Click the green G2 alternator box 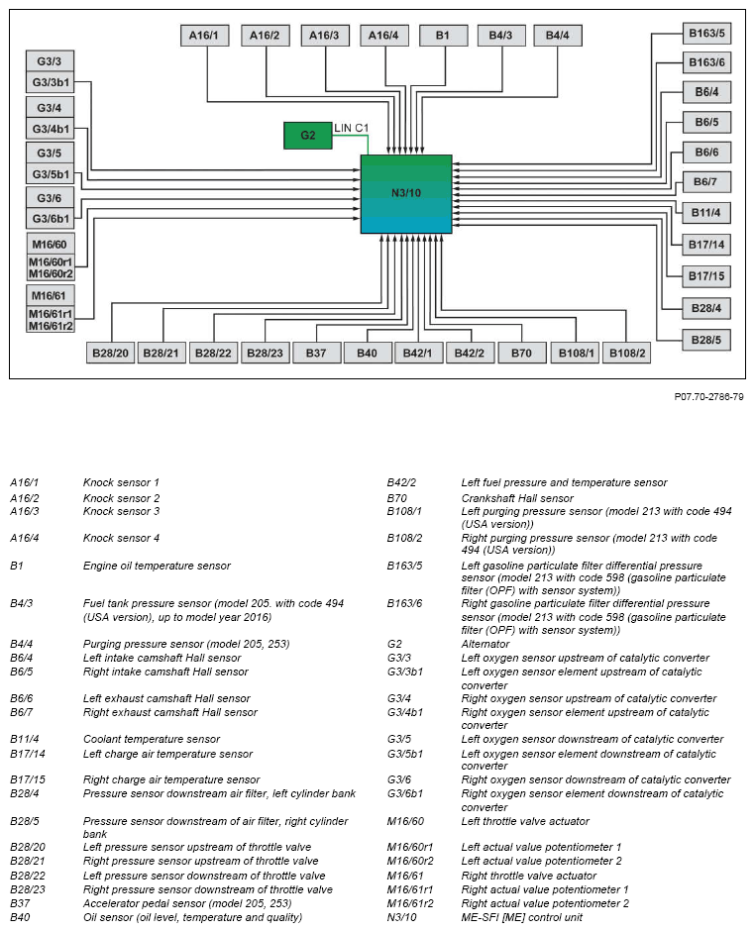point(308,135)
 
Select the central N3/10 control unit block point(406,193)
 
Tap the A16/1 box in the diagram point(205,36)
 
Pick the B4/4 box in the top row point(558,36)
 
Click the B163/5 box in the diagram point(706,34)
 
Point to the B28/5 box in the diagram point(706,338)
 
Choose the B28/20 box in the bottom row point(111,353)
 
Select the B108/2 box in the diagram point(627,353)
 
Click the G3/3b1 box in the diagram point(51,82)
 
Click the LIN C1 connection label point(351,129)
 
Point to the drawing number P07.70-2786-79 point(708,396)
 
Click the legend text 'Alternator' point(485,644)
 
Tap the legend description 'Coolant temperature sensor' point(151,739)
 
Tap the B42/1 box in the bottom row point(418,353)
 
